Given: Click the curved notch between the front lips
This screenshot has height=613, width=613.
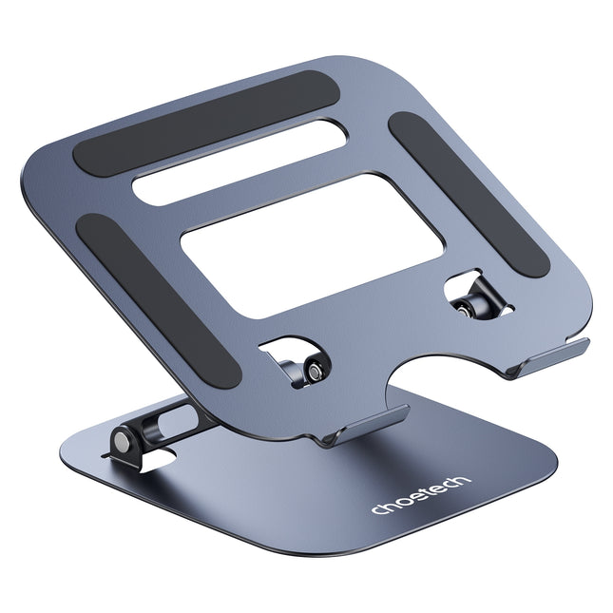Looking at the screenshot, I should click(447, 375).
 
